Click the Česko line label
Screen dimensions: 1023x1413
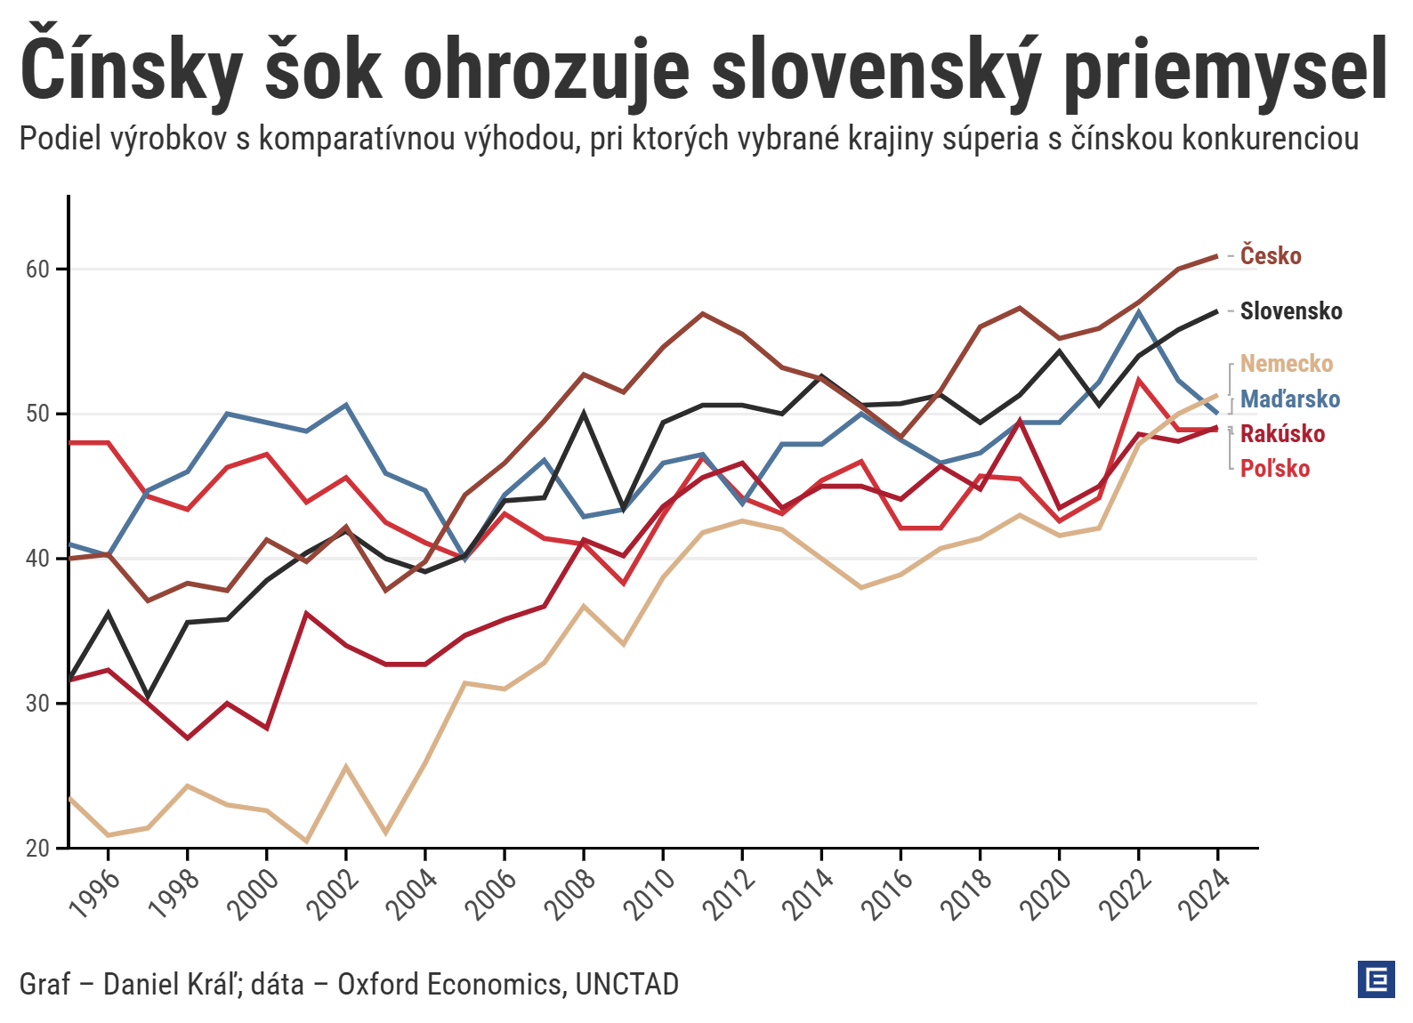pyautogui.click(x=1271, y=256)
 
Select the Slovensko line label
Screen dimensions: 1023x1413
pyautogui.click(x=1290, y=311)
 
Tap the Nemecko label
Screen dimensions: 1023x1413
pyautogui.click(x=1286, y=364)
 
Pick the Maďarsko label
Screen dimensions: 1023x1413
pyautogui.click(x=1289, y=399)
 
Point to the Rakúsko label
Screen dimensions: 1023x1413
pyautogui.click(x=1282, y=434)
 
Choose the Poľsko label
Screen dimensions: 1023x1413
pyautogui.click(x=1275, y=469)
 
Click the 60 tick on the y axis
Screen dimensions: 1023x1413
pyautogui.click(x=37, y=269)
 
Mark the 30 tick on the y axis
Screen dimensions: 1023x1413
pyautogui.click(x=37, y=704)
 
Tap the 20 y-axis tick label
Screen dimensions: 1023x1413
pyautogui.click(x=37, y=849)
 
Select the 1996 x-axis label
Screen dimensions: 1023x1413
pyautogui.click(x=94, y=892)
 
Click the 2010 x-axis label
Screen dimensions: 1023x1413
pyautogui.click(x=650, y=892)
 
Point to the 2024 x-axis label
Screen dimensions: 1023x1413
pyautogui.click(x=1204, y=892)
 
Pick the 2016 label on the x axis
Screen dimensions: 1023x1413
pyautogui.click(x=887, y=892)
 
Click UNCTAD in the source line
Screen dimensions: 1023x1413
pyautogui.click(x=626, y=984)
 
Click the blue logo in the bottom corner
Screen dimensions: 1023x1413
pyautogui.click(x=1376, y=979)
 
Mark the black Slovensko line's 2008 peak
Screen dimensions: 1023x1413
pyautogui.click(x=584, y=413)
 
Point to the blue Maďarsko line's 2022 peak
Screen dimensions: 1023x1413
pyautogui.click(x=1138, y=311)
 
